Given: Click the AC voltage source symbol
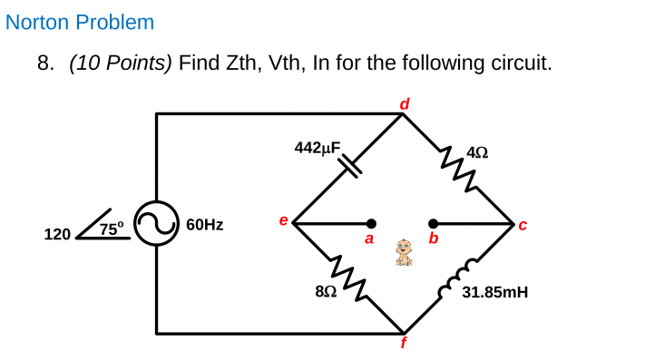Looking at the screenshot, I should [156, 224].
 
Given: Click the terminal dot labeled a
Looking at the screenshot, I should [370, 223].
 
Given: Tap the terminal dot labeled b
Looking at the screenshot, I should [434, 223].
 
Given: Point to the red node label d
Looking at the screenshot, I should [405, 103].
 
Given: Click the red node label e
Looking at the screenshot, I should [284, 220].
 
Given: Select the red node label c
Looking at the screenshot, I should [522, 224].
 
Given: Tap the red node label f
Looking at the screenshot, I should [404, 343].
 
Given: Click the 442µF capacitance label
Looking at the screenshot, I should [318, 147].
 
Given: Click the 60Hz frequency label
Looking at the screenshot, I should [205, 224].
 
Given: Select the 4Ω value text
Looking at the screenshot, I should [477, 152].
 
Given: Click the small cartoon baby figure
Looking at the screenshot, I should [405, 252].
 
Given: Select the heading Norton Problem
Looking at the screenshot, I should [80, 22].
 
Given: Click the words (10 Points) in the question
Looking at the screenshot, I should [121, 63].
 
